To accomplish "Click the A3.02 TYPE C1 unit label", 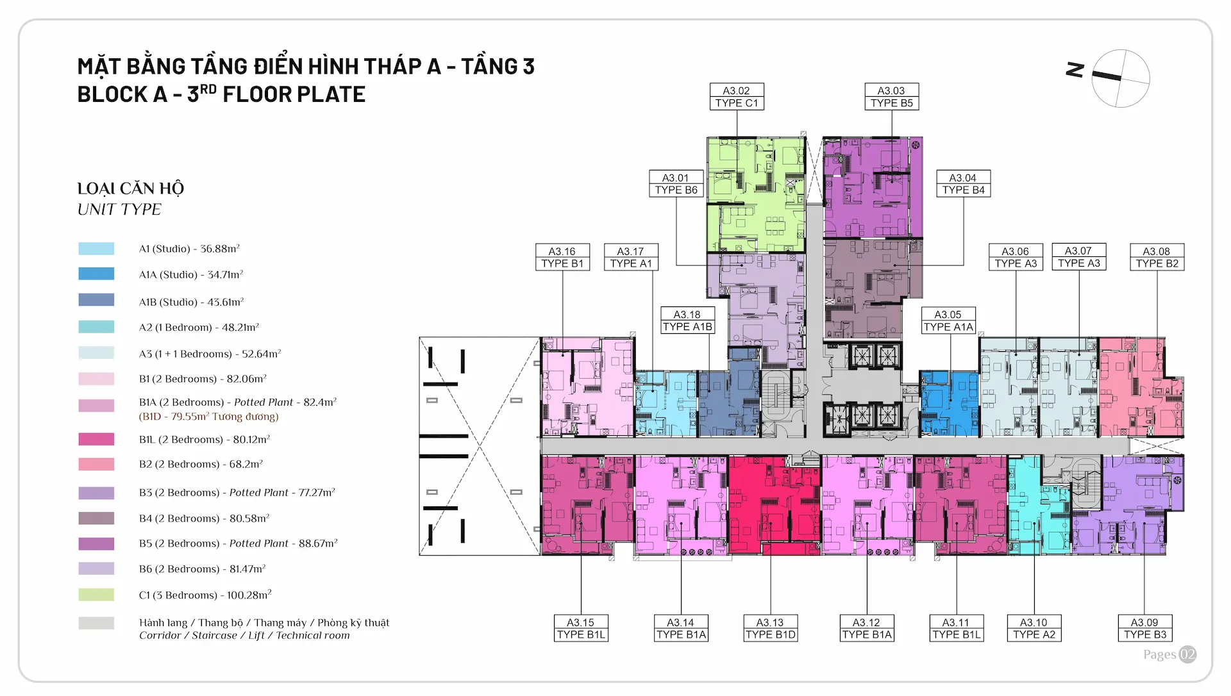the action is point(737,97).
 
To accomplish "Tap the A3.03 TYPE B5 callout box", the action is point(891,97).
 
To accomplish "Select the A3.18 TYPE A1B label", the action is point(687,320).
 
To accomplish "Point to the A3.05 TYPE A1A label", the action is point(948,320).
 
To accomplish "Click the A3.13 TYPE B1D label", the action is point(771,628).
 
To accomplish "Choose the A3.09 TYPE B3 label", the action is point(1145,628).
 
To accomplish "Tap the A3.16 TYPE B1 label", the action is point(562,257).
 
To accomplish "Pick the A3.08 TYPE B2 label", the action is point(1157,257).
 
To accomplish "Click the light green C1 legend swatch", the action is point(96,595).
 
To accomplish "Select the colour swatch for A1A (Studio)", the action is point(96,274).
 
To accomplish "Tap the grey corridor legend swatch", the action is point(96,623).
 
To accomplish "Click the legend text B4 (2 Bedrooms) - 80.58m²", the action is point(204,518).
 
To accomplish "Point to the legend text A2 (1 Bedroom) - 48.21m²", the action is point(199,327).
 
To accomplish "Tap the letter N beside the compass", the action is point(1075,70).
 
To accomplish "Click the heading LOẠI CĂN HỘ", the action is point(130,188).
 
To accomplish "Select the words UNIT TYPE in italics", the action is point(119,210).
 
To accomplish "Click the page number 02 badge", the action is point(1187,654).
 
